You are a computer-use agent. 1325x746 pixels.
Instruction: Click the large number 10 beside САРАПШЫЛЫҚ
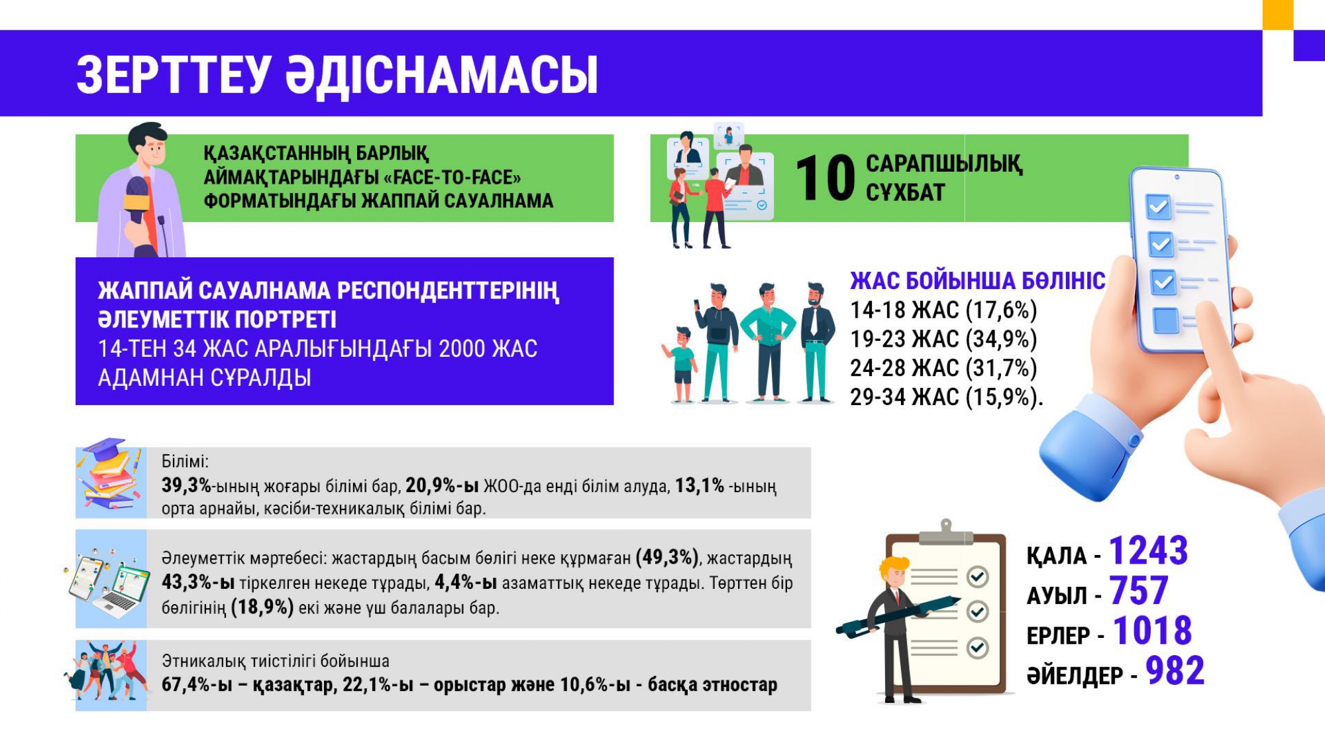click(x=825, y=178)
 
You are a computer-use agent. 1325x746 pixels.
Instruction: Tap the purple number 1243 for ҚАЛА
click(x=1149, y=550)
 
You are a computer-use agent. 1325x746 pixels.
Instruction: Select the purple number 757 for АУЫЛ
click(x=1139, y=590)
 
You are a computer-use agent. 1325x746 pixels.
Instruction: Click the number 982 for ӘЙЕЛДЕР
click(x=1175, y=670)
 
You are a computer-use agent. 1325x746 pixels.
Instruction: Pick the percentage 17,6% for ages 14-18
click(x=1001, y=310)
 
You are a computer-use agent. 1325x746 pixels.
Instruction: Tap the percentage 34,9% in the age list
click(x=1001, y=340)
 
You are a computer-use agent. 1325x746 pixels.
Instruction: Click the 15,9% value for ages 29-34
click(x=1001, y=397)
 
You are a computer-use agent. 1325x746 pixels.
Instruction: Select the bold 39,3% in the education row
click(x=186, y=485)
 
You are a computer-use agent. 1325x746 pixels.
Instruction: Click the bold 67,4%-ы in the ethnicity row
click(x=197, y=684)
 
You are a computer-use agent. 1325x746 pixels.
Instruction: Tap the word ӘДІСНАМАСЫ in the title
click(x=442, y=74)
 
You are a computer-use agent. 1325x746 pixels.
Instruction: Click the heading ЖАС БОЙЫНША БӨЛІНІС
click(x=978, y=281)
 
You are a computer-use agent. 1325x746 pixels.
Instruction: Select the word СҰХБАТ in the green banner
click(x=905, y=192)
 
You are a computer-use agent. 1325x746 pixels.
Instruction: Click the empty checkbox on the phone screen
click(x=1166, y=321)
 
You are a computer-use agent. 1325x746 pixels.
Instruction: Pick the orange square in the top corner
click(x=1278, y=15)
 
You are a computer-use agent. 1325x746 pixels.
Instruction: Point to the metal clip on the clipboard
click(x=946, y=532)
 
